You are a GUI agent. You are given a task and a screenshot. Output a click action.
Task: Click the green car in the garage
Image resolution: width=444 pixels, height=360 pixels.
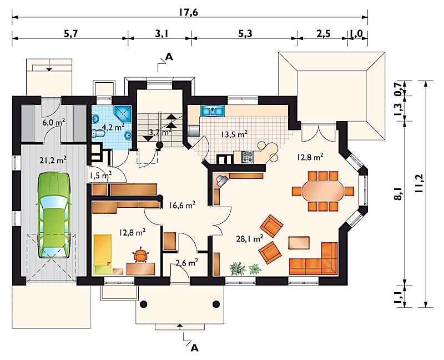pos(53,216)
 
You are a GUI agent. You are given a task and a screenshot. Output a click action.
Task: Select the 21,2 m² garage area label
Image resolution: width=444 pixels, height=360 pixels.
pos(53,161)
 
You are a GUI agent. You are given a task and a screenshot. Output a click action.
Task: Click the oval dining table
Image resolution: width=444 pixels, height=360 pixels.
pos(323,191)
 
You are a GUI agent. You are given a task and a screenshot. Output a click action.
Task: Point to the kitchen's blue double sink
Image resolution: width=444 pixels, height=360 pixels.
pos(213,111)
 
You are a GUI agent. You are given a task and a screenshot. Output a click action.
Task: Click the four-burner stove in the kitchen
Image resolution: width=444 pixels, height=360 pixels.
pos(248,157)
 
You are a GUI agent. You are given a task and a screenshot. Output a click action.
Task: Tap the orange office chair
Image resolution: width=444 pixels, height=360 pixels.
pos(141,255)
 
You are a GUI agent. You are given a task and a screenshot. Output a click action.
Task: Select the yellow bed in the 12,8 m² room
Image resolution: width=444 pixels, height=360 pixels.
pos(103,254)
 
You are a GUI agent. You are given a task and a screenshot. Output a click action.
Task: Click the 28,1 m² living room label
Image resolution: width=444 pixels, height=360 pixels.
pos(249,239)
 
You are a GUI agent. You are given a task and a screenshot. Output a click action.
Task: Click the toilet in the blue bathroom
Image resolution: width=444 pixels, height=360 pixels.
pos(98,133)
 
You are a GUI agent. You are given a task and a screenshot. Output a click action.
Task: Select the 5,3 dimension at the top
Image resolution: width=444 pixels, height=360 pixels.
pos(245,34)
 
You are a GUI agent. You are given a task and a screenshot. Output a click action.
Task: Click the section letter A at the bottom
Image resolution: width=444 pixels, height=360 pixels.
pos(194,348)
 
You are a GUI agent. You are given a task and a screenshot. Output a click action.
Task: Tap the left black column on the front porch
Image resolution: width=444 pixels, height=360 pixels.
pos(144,304)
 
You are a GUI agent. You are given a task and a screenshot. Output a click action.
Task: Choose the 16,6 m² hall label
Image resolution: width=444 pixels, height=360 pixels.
pos(183,205)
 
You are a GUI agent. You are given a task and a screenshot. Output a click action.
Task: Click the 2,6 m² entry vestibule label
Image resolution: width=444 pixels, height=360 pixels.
pos(186,263)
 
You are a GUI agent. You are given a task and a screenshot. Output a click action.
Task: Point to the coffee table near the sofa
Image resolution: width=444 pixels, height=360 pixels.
pos(299,243)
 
